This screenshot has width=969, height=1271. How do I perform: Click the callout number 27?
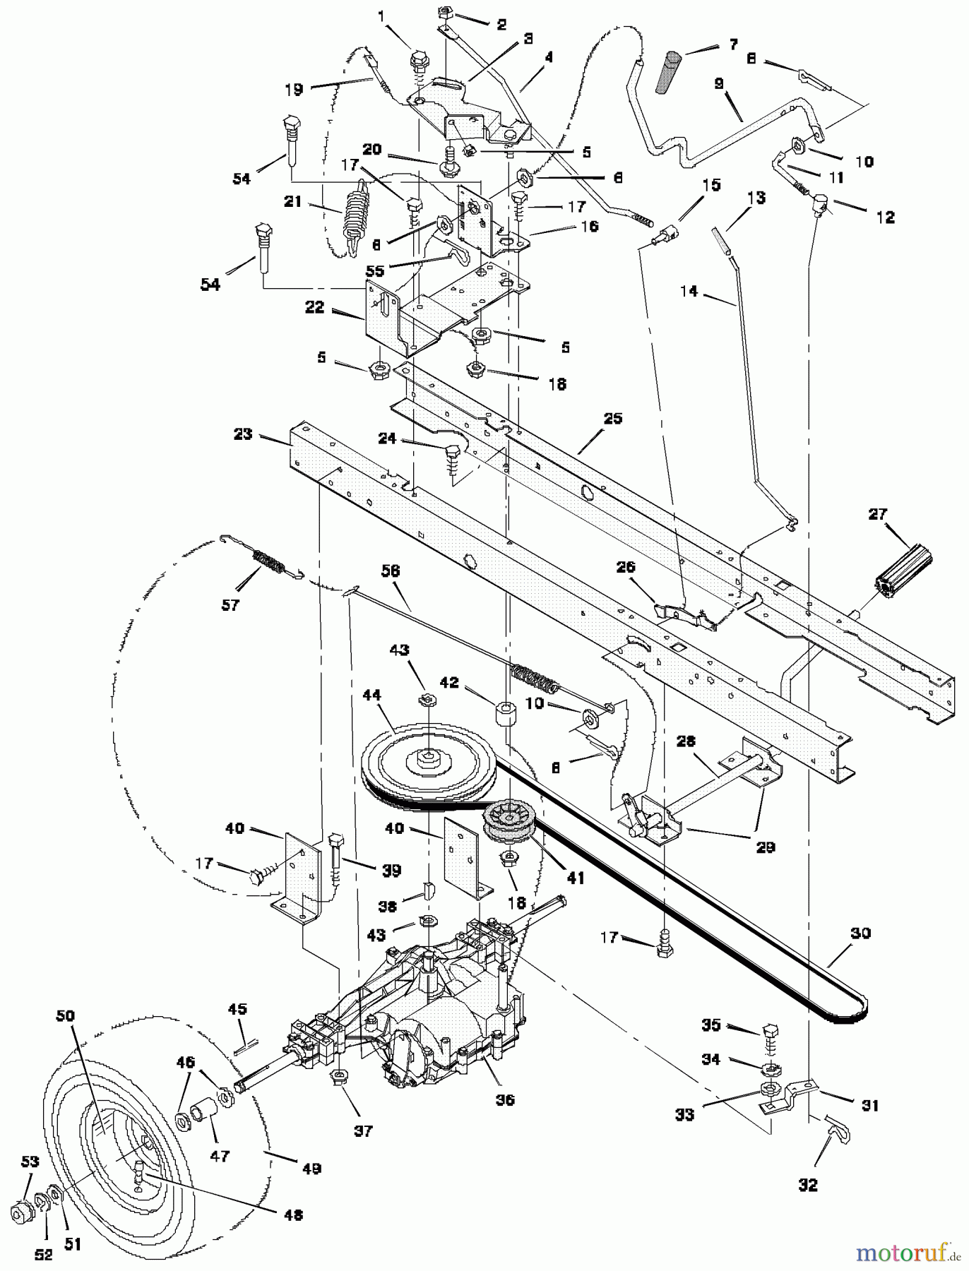click(878, 514)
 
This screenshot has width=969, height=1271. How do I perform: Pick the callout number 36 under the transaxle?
click(505, 1100)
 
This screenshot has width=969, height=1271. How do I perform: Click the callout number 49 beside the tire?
click(311, 1169)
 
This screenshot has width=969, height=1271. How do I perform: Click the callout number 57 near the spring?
click(230, 605)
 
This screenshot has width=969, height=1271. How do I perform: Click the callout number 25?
click(612, 419)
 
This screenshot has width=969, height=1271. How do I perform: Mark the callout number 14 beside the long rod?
click(690, 290)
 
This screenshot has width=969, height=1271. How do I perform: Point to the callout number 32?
click(807, 1186)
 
